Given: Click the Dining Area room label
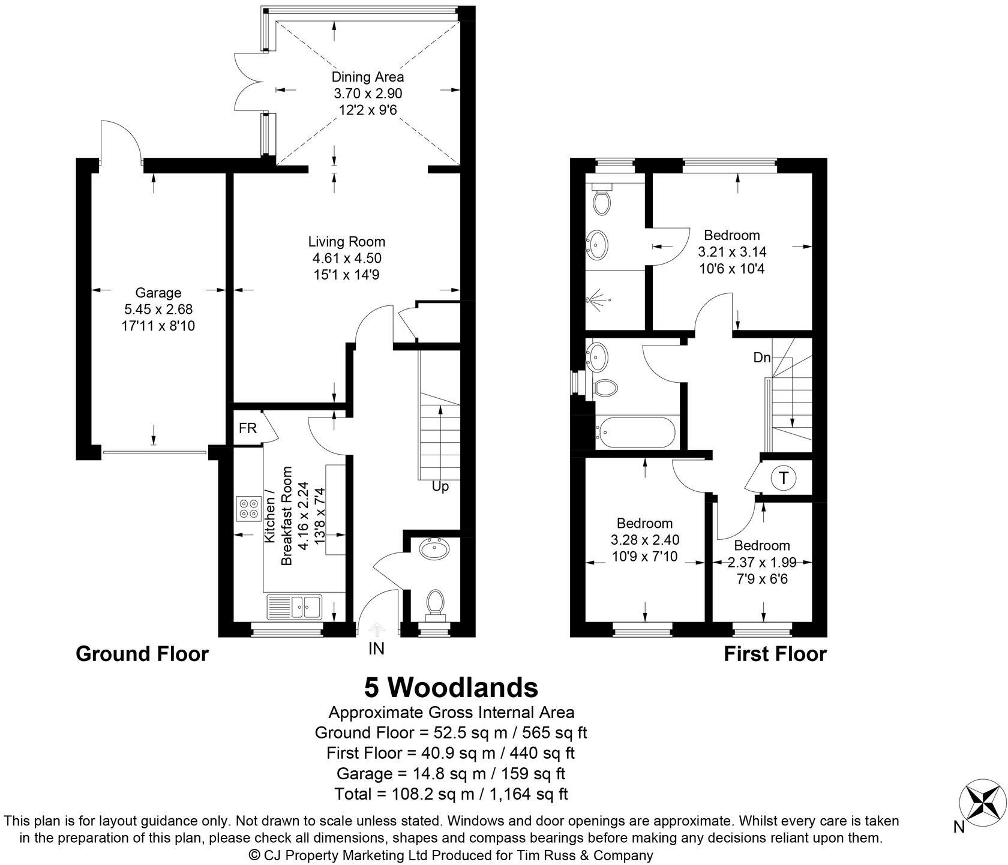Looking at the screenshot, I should click(368, 77).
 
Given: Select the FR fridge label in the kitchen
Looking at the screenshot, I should click(247, 428).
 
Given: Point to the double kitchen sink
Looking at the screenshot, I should click(295, 606).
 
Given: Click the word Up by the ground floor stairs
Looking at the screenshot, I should click(440, 486).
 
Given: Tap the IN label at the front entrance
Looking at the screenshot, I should click(376, 648).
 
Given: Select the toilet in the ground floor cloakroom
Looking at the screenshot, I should click(436, 602).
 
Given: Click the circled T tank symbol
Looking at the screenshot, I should click(784, 478).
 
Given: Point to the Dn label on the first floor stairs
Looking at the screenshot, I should click(762, 358).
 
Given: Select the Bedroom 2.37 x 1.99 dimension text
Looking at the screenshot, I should click(762, 563).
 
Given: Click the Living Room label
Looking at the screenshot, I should click(347, 242).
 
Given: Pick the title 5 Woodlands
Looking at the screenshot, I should click(451, 687).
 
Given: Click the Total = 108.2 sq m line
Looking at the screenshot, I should click(451, 794).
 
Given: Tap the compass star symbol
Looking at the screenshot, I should click(981, 803).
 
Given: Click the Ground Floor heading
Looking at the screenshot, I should click(142, 654).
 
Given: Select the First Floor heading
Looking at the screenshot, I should click(775, 654).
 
